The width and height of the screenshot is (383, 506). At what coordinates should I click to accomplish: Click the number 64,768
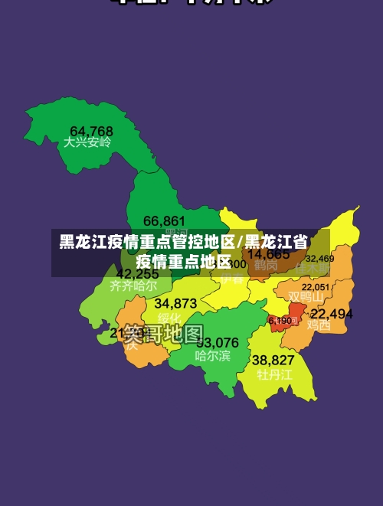pyautogui.click(x=91, y=131)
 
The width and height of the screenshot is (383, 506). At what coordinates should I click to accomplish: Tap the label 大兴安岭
pyautogui.click(x=87, y=142)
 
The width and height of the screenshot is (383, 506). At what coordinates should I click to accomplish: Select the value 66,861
pyautogui.click(x=164, y=221)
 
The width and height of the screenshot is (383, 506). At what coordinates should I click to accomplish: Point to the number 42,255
pyautogui.click(x=137, y=273)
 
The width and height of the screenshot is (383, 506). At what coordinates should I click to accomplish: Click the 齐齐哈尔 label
pyautogui.click(x=133, y=286)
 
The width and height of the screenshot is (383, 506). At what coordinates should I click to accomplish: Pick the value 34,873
pyautogui.click(x=175, y=303)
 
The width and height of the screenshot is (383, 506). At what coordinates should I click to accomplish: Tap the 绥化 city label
pyautogui.click(x=169, y=318)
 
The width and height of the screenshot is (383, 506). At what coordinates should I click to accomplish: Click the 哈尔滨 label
pyautogui.click(x=212, y=355)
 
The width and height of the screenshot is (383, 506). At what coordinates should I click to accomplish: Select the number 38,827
pyautogui.click(x=273, y=360)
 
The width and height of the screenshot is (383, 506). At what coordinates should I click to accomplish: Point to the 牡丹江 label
pyautogui.click(x=274, y=374)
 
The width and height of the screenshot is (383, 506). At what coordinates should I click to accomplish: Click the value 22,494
pyautogui.click(x=332, y=314)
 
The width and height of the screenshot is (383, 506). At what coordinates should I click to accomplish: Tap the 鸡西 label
pyautogui.click(x=319, y=325)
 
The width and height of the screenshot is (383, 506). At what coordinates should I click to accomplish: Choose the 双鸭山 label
pyautogui.click(x=306, y=296)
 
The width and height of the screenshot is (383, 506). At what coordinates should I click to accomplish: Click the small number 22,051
pyautogui.click(x=316, y=287)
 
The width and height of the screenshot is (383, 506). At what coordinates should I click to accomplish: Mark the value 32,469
pyautogui.click(x=319, y=259)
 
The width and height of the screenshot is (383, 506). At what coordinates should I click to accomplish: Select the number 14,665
pyautogui.click(x=268, y=254)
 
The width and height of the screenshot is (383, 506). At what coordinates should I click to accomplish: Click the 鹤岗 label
pyautogui.click(x=266, y=266)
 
